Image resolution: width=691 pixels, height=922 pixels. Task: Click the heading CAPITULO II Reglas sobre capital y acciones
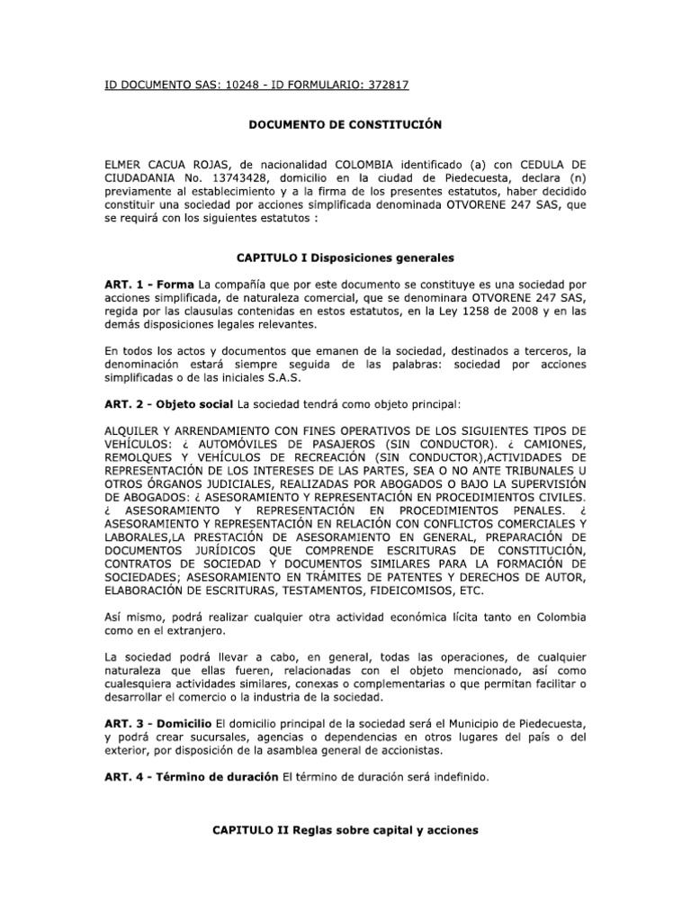[345, 832]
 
